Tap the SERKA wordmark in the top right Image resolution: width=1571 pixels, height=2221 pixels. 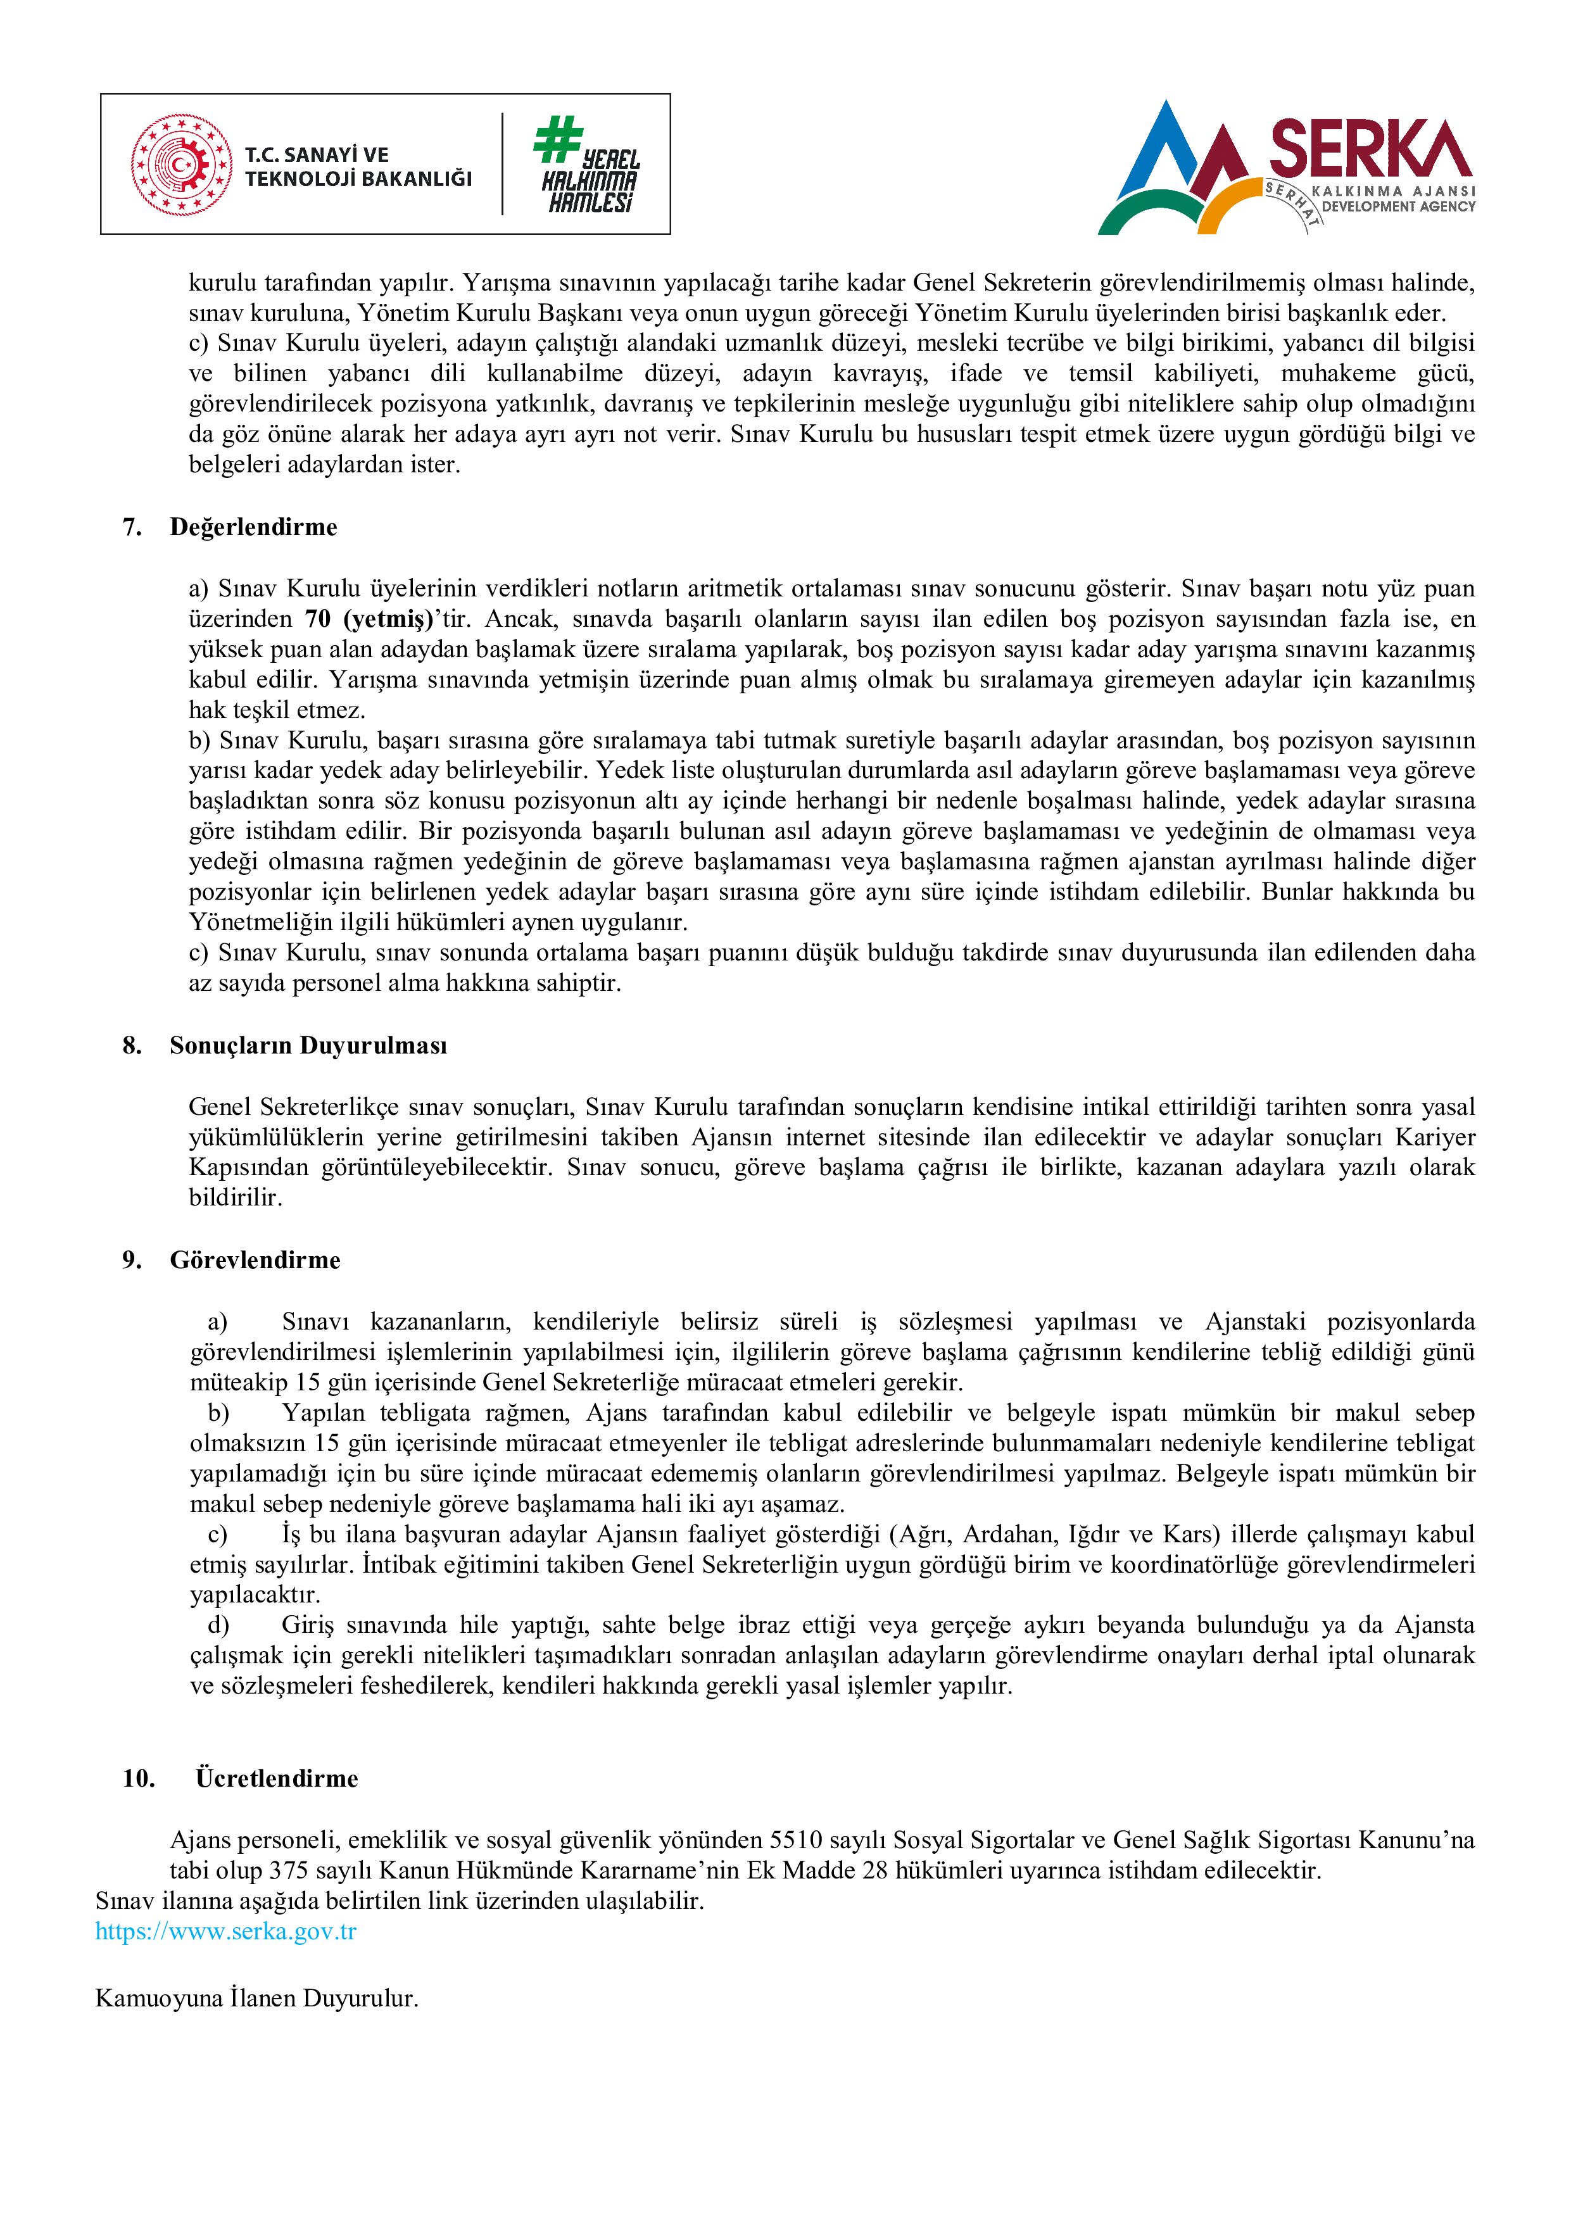click(1370, 148)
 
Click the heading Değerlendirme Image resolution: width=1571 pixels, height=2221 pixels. click(253, 527)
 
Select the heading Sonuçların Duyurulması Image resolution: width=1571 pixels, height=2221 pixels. click(308, 1046)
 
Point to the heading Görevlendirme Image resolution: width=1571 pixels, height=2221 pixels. click(255, 1261)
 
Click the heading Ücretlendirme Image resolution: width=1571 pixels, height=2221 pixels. click(277, 1779)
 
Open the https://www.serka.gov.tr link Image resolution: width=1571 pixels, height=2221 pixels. click(225, 1932)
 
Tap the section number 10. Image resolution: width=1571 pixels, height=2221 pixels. click(138, 1779)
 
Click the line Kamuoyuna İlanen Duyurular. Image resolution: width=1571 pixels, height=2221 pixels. click(256, 1999)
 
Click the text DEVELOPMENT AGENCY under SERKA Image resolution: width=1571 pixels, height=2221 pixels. click(1398, 206)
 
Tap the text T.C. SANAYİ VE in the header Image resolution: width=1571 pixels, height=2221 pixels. click(317, 154)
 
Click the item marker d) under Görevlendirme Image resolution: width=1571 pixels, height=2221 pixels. click(218, 1625)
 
